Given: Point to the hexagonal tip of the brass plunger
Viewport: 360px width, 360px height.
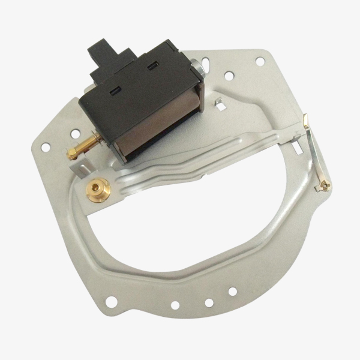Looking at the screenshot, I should point(71,154).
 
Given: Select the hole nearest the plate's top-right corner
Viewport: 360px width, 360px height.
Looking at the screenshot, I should point(259,61).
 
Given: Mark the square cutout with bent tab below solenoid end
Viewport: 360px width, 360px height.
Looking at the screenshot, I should point(220,106).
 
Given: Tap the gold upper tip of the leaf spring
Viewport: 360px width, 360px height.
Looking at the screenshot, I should point(306,121).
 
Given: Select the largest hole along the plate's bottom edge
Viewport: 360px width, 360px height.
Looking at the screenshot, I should point(174,305).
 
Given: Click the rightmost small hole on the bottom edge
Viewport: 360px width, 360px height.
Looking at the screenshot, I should point(231,292).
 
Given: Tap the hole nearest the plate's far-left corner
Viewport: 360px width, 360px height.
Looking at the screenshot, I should point(44,146).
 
